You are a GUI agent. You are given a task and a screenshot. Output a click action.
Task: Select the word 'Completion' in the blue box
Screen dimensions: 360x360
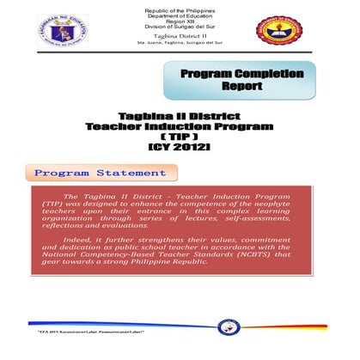[264, 74]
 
